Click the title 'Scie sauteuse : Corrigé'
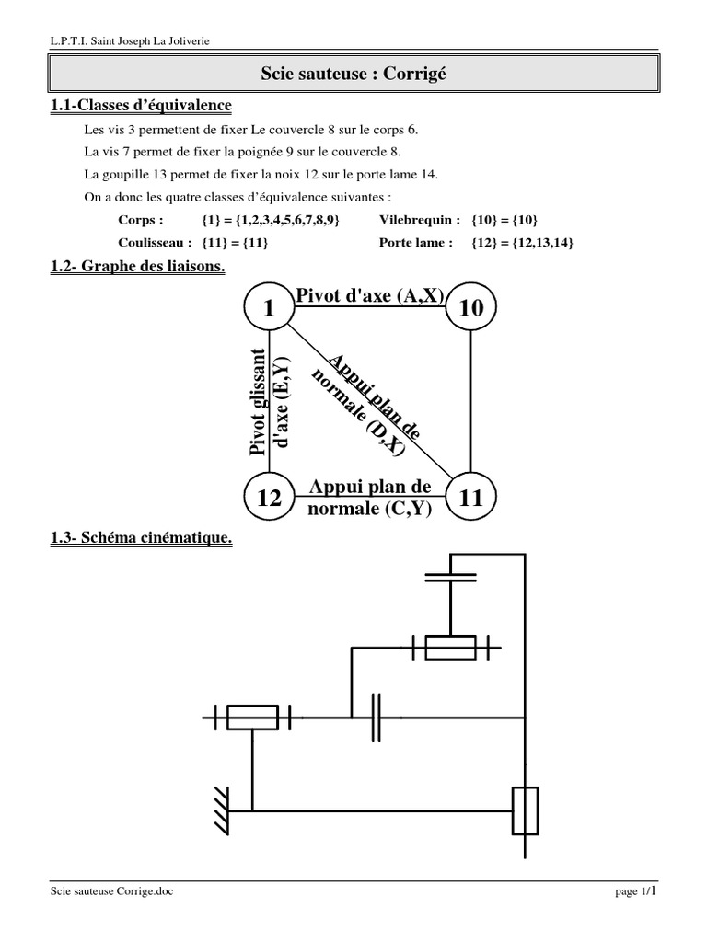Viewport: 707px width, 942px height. (353, 73)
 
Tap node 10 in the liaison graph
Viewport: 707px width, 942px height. (469, 309)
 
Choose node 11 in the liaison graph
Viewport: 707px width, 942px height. (469, 499)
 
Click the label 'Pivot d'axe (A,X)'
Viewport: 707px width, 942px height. (369, 294)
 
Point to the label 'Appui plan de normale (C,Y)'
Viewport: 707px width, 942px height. (370, 497)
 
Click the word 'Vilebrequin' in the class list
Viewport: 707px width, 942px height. (420, 220)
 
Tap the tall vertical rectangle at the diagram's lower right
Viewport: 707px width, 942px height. (525, 810)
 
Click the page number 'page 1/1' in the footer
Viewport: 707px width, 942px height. (635, 890)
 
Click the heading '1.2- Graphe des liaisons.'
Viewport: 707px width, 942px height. (138, 266)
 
